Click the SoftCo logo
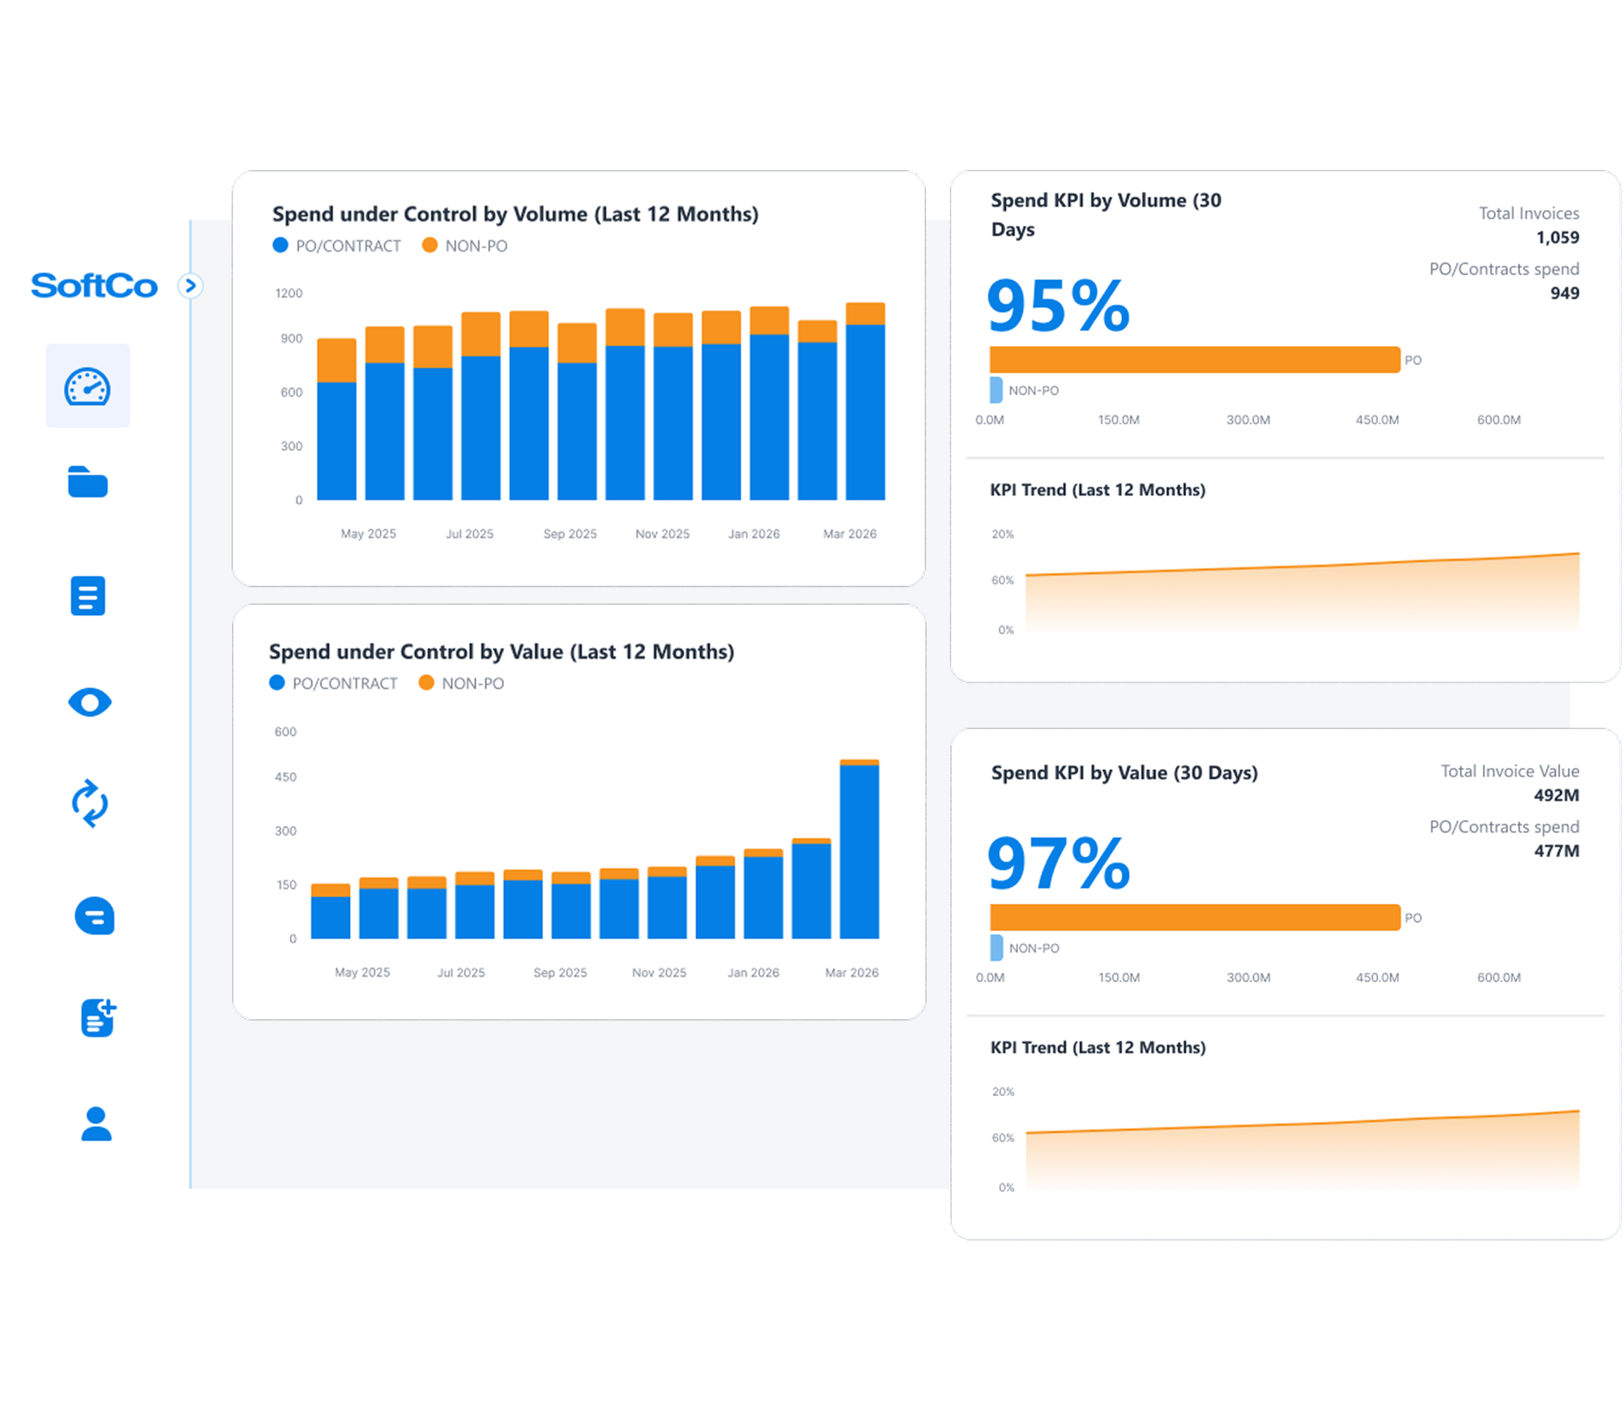pyautogui.click(x=94, y=285)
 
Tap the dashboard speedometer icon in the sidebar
pyautogui.click(x=88, y=386)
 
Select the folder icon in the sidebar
pyautogui.click(x=88, y=482)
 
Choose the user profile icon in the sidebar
pyautogui.click(x=96, y=1124)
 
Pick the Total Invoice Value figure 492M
pyautogui.click(x=1555, y=795)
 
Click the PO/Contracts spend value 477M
pyautogui.click(x=1555, y=851)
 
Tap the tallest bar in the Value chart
pyautogui.click(x=859, y=851)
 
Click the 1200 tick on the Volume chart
pyautogui.click(x=289, y=294)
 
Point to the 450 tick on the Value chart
pyautogui.click(x=285, y=778)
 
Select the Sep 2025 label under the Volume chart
pyautogui.click(x=570, y=534)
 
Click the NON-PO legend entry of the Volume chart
pyautogui.click(x=466, y=246)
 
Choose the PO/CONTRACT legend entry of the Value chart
pyautogui.click(x=334, y=684)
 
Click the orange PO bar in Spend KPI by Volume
pyautogui.click(x=1194, y=360)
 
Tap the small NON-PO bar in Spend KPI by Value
pyautogui.click(x=996, y=947)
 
